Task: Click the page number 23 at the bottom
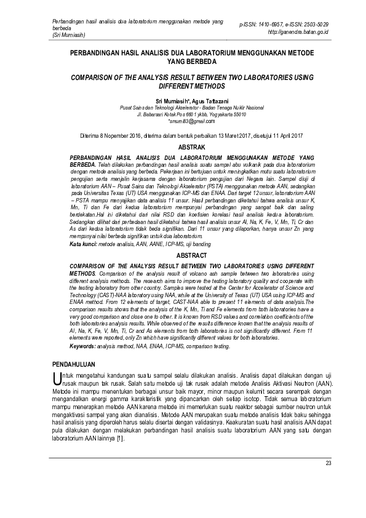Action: (328, 463)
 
